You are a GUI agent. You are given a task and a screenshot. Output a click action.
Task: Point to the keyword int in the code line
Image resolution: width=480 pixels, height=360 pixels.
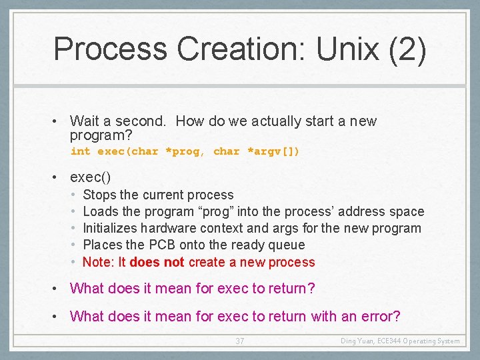80,151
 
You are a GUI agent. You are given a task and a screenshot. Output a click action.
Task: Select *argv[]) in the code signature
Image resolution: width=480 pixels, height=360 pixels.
273,151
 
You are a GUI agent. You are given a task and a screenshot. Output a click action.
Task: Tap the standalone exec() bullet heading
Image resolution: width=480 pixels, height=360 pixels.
90,177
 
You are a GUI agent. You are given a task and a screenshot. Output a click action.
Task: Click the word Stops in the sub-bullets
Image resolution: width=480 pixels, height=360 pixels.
99,195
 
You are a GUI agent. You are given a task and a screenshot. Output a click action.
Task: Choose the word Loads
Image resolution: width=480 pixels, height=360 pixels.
101,211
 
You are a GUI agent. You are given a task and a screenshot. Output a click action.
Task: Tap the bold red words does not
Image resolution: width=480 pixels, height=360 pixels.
157,262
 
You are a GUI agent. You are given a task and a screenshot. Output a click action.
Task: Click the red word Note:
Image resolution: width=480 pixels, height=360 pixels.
98,262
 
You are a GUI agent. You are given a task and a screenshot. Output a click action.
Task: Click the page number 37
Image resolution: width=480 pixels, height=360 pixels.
240,341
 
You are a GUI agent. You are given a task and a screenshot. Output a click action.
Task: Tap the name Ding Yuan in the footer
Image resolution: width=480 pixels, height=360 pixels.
357,341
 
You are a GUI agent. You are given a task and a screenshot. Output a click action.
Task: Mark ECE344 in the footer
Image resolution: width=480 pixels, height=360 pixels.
391,341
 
